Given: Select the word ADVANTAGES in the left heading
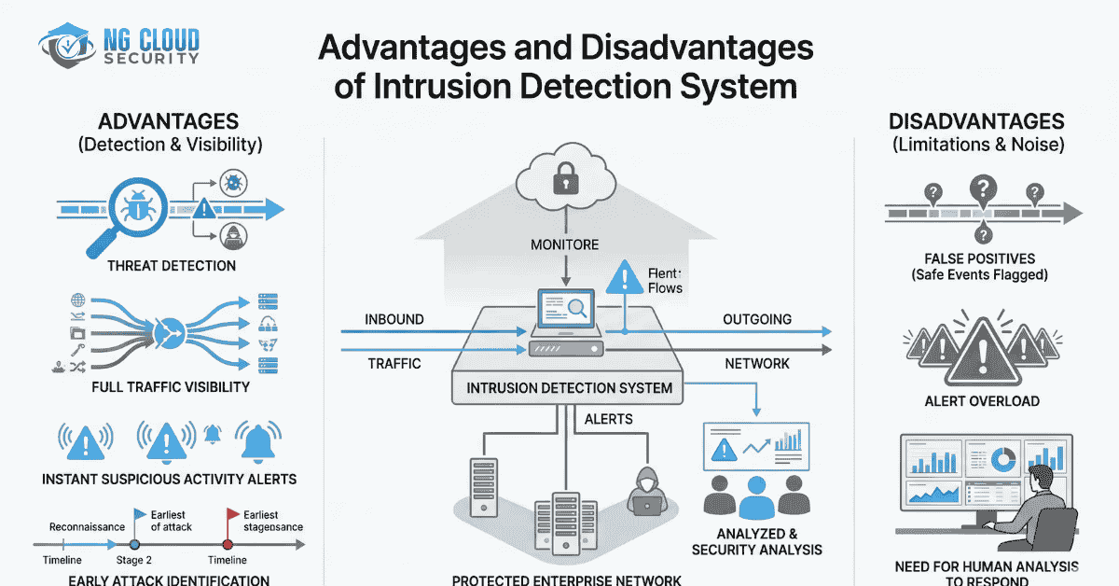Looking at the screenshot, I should click(x=170, y=121).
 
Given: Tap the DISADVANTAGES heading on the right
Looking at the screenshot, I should click(x=976, y=121).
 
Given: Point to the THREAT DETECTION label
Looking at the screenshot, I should click(x=172, y=266).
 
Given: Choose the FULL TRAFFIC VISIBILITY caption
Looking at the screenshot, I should click(x=171, y=386).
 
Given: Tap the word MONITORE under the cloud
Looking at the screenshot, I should click(x=565, y=245).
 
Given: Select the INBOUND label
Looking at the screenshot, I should click(x=394, y=320).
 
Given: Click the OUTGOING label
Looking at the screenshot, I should click(x=757, y=320).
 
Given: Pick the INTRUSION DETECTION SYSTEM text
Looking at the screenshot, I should click(x=569, y=387).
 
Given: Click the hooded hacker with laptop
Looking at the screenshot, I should click(x=644, y=488).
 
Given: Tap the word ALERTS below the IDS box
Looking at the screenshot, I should click(x=608, y=420).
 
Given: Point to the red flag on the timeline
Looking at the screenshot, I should click(x=231, y=515).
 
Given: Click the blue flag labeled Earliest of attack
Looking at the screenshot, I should click(x=140, y=515).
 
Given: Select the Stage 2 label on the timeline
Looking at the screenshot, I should click(x=134, y=560).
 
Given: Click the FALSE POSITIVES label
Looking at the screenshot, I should click(x=980, y=258).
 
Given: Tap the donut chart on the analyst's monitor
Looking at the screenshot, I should click(x=1003, y=459).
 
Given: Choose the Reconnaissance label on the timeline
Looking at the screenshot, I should click(x=87, y=526).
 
